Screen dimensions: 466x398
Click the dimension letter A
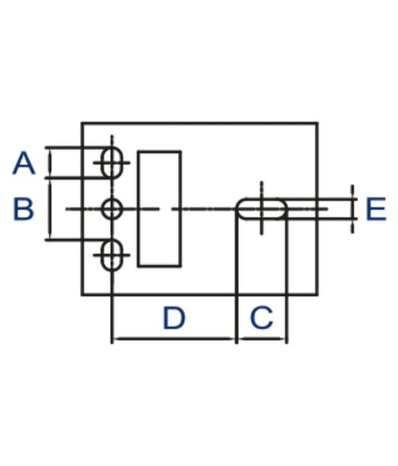coord(24,163)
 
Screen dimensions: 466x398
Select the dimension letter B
coord(24,209)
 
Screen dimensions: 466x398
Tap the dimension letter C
coord(261,317)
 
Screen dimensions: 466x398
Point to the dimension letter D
coord(174,317)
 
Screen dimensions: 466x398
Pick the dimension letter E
coord(376,209)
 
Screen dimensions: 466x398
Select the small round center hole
coord(112,209)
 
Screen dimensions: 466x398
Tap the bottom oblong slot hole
coord(112,255)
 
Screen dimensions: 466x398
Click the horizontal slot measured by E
coord(261,209)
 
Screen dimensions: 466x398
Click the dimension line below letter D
coord(174,339)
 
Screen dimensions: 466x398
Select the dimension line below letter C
coord(261,339)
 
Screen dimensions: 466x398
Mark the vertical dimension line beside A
coord(50,163)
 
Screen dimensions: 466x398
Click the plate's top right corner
coord(317,123)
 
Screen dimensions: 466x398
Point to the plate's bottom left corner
coord(82,294)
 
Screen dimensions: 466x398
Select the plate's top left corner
coord(82,123)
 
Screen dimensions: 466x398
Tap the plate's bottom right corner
coord(317,294)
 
